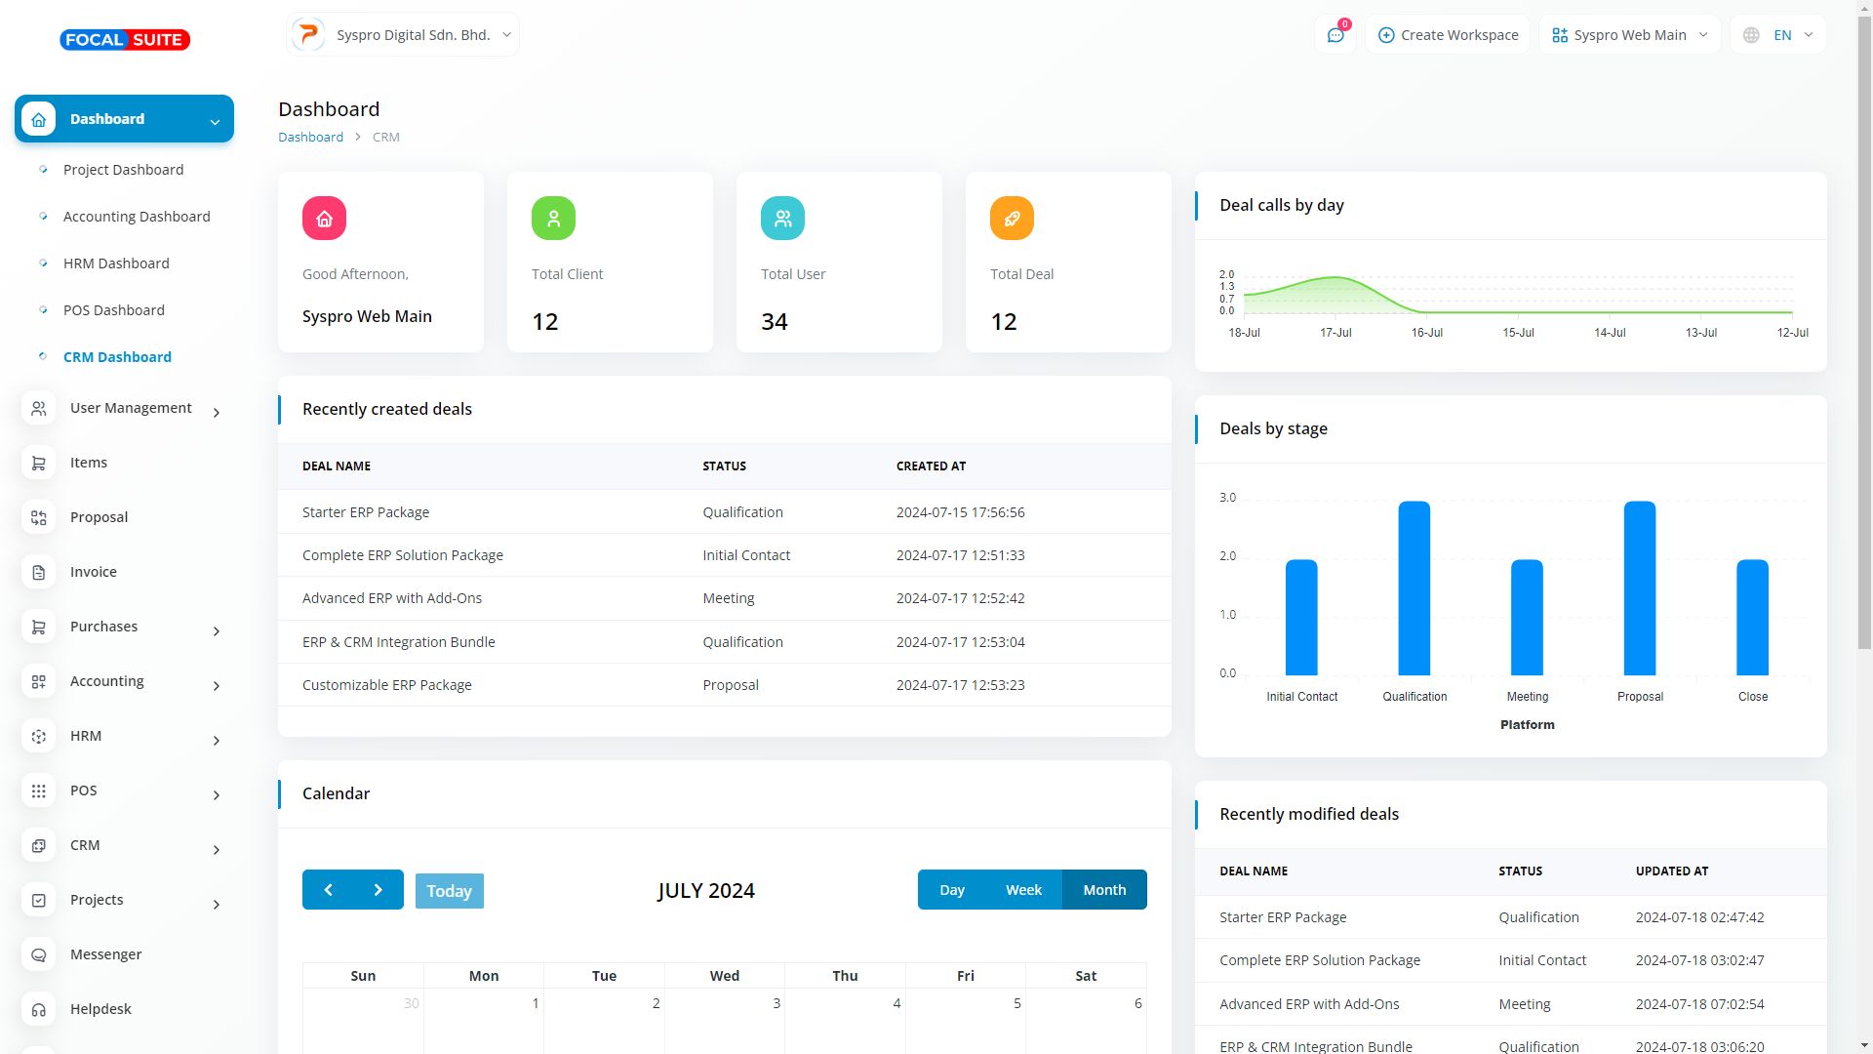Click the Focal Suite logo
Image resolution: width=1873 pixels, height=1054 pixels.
pos(125,40)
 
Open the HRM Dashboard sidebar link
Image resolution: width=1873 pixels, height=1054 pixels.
pos(116,263)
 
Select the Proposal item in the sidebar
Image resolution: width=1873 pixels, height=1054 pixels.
pos(99,517)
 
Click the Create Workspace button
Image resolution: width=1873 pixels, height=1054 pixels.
pos(1448,35)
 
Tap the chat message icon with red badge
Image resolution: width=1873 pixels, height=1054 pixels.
pos(1335,35)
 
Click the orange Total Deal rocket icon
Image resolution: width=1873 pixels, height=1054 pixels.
pos(1012,219)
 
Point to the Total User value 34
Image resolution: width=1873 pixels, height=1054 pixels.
pos(774,322)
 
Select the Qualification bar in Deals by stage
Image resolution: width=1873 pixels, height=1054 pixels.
pos(1414,588)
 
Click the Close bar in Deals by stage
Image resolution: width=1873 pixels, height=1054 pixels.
pos(1752,617)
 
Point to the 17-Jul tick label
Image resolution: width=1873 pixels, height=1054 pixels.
pos(1335,333)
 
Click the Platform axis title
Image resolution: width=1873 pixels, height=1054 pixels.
pos(1527,725)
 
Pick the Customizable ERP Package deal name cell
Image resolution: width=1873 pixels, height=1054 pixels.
pos(386,685)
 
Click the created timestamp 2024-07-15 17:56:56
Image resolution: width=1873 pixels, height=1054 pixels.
pos(960,512)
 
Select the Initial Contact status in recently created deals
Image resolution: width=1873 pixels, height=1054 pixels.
pos(746,555)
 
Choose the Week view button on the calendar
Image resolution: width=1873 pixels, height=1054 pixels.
pos(1023,890)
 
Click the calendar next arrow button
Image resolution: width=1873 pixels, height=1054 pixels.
pos(378,890)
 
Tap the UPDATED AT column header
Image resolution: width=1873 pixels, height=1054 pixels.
pos(1671,872)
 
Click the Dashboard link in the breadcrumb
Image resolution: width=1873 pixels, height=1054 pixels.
pos(310,138)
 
